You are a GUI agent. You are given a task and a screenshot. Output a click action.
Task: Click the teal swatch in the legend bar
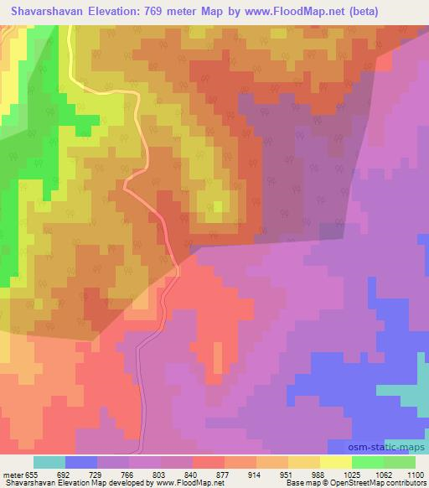[49, 462]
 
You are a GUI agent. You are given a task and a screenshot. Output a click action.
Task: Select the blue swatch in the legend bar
[81, 462]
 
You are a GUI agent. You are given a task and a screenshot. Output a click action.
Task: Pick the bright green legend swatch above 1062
[366, 462]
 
